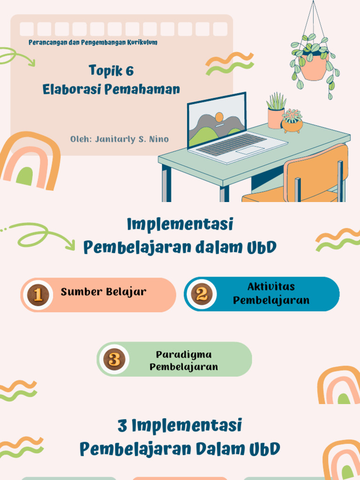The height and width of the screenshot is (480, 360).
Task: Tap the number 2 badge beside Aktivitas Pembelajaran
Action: coord(202,294)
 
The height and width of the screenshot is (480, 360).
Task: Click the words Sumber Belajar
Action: coord(104,292)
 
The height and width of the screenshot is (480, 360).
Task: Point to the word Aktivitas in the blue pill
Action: coord(271,286)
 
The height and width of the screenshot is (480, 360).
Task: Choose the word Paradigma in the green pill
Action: coord(184,355)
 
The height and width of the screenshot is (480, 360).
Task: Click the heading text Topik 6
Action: coord(112,71)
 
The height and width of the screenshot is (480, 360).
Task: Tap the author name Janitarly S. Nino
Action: coord(132,139)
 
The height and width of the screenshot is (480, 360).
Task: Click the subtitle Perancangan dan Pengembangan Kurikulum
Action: coord(93,42)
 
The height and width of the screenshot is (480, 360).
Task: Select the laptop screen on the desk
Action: coord(217,120)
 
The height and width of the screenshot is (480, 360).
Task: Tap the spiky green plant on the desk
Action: coord(276,102)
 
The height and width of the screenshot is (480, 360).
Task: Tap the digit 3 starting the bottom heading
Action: coord(122,426)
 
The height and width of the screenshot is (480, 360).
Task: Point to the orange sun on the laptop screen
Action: coord(219,117)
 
